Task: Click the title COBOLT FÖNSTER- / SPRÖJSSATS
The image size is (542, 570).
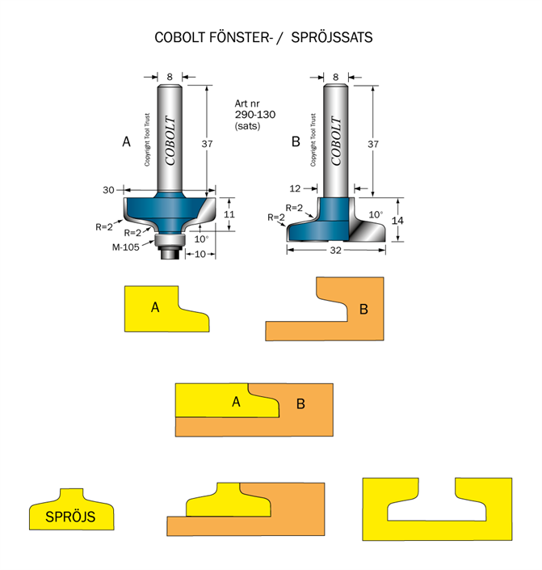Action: tap(263, 38)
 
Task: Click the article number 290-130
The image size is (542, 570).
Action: tap(254, 115)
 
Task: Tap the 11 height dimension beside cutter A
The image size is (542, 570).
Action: tap(229, 215)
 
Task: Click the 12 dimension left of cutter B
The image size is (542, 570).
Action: tap(296, 188)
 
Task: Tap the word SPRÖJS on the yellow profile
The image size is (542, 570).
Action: tap(69, 517)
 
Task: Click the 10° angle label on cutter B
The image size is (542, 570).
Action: tap(376, 214)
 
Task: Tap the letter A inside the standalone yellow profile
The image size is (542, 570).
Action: tap(154, 307)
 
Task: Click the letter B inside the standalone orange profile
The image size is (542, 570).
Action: tap(363, 309)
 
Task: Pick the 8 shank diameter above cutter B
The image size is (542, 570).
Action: tap(335, 77)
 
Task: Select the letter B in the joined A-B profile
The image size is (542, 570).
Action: tap(300, 403)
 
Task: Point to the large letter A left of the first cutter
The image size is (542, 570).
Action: tap(126, 142)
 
